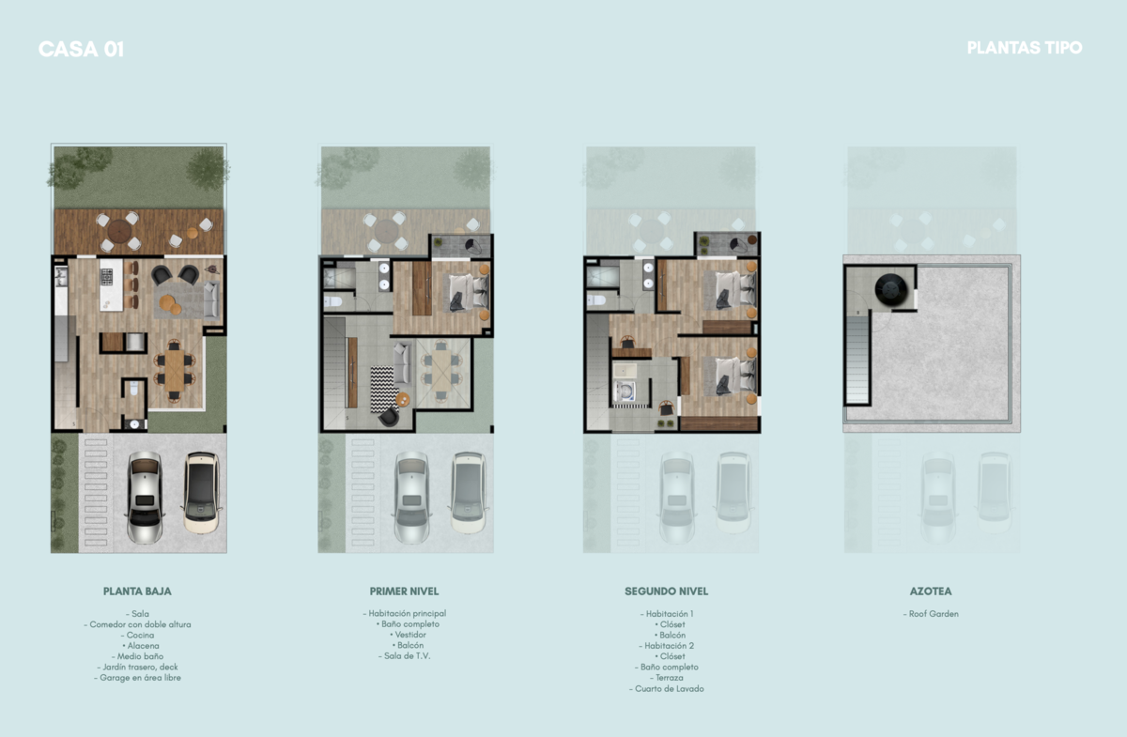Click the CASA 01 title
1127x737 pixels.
coord(81,50)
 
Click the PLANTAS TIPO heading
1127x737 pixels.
coord(1025,48)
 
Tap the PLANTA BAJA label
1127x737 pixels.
coord(137,591)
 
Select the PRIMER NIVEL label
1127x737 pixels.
coord(404,591)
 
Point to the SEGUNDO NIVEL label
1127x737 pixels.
coord(666,591)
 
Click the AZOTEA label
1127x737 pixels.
coord(931,591)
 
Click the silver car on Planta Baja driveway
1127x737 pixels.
coord(145,497)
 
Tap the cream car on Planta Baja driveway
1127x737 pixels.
coord(202,492)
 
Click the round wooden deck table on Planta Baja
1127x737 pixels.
coord(119,232)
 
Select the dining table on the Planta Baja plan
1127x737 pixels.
coord(175,371)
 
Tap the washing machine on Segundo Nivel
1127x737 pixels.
coord(625,391)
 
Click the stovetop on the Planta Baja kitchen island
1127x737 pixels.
coord(107,276)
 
